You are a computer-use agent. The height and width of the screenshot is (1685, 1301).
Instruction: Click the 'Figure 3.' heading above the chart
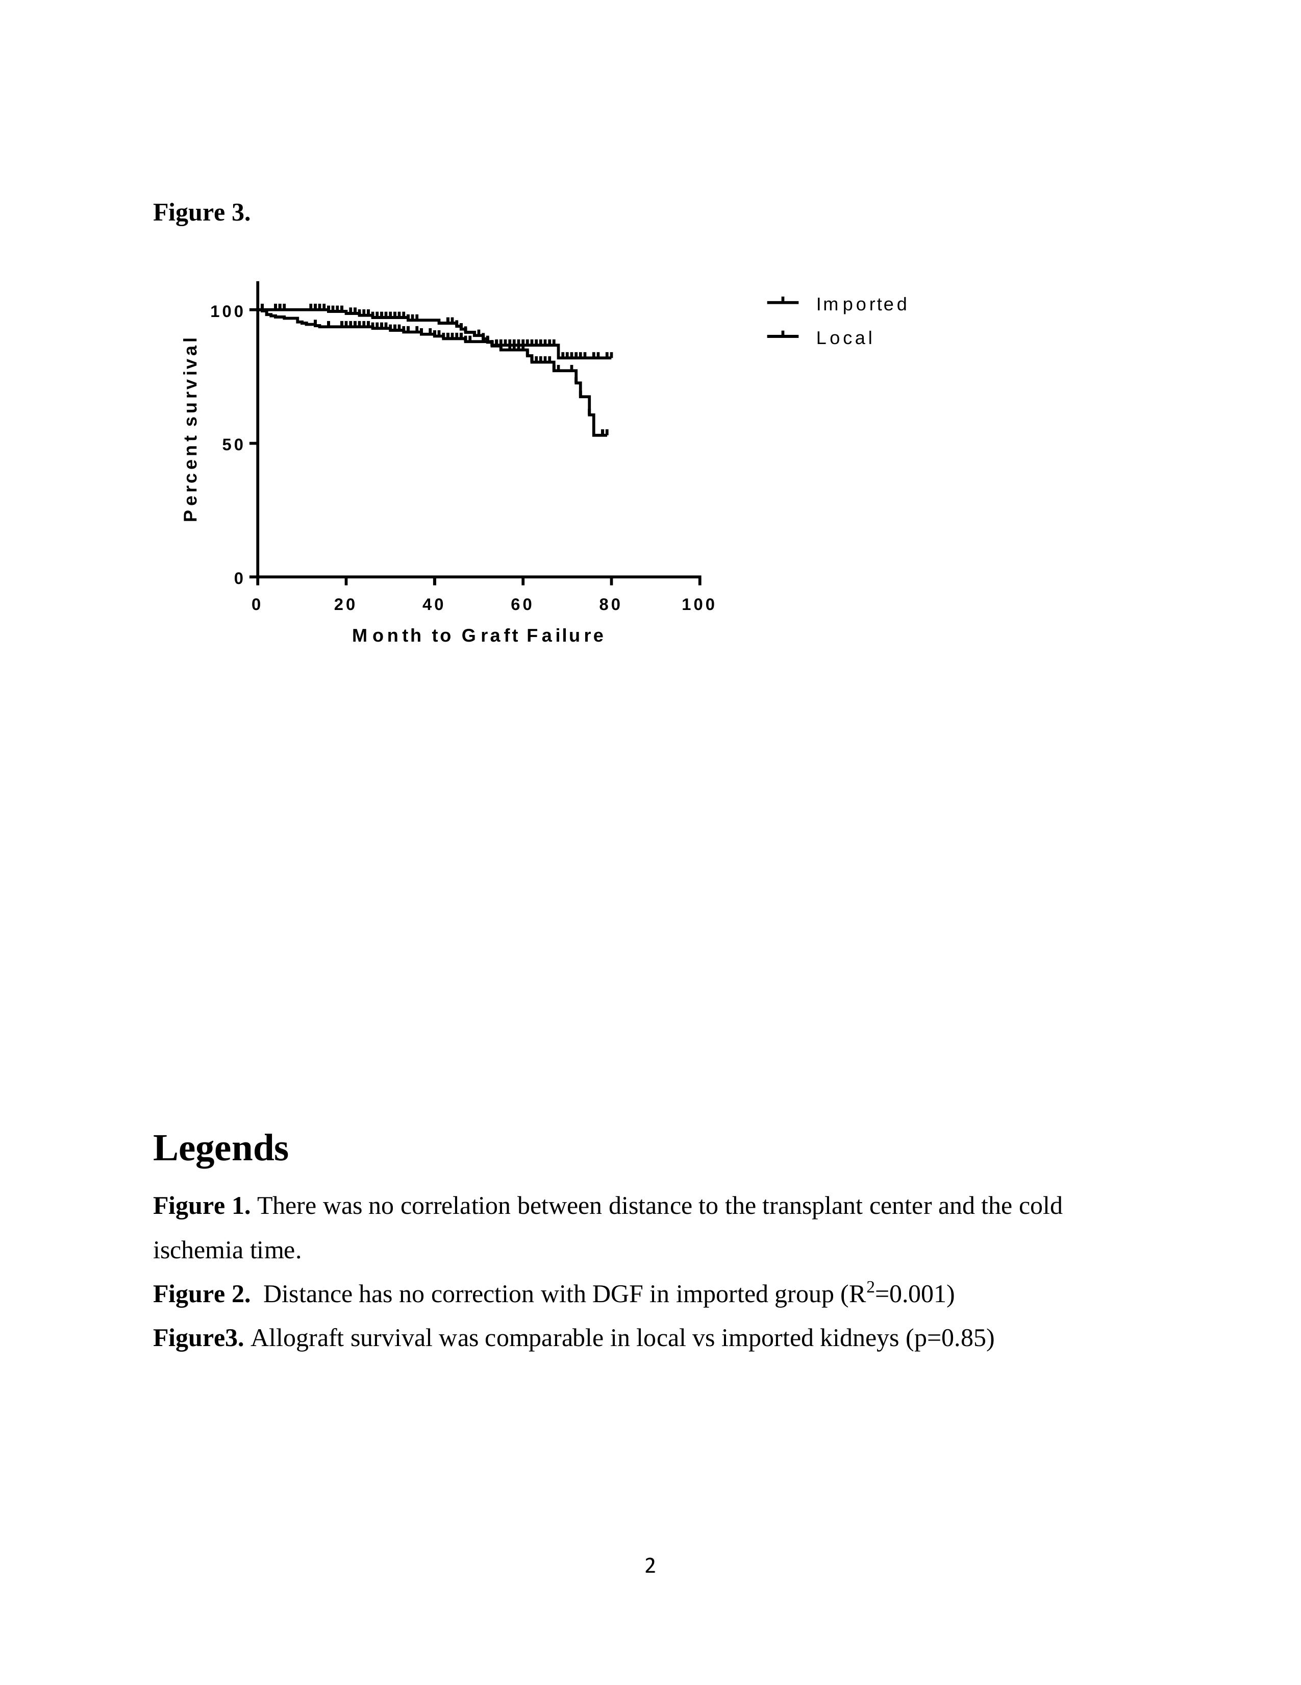pos(202,212)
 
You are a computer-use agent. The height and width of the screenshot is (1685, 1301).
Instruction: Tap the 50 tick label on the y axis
pos(233,445)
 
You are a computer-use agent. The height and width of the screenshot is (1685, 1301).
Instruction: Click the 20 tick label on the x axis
pos(345,605)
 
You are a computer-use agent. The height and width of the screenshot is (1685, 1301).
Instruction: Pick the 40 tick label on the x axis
pos(433,605)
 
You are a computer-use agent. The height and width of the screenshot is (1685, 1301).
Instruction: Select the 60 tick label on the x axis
pos(522,605)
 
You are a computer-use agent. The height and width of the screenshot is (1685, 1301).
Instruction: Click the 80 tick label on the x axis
pos(610,605)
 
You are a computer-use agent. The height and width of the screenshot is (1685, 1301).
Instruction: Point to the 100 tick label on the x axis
pos(698,605)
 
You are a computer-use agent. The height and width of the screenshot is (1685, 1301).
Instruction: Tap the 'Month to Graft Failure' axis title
pos(478,636)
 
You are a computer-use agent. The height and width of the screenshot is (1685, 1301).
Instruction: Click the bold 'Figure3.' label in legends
pos(198,1338)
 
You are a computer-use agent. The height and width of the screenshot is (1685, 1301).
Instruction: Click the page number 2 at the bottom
pos(650,1566)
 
